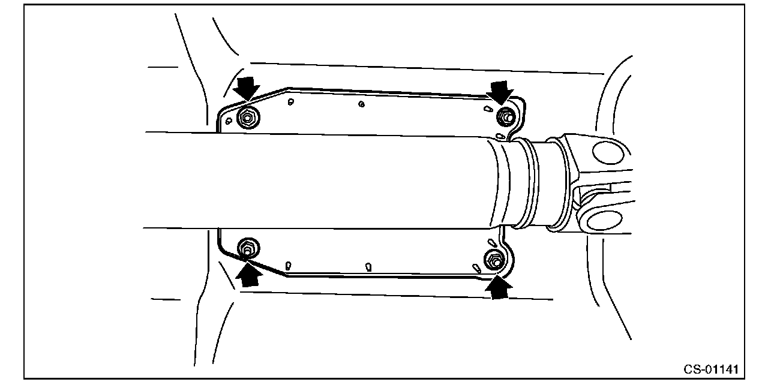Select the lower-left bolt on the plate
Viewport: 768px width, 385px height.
(x=247, y=246)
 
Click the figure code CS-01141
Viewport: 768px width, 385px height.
(x=710, y=368)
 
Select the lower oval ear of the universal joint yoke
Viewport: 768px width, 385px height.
(x=602, y=220)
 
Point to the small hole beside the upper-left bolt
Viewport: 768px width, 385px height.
(x=228, y=121)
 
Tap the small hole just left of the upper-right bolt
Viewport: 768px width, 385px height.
(x=487, y=109)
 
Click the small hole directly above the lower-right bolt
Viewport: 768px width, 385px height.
(x=491, y=243)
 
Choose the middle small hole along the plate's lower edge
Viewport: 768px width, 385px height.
(x=368, y=266)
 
